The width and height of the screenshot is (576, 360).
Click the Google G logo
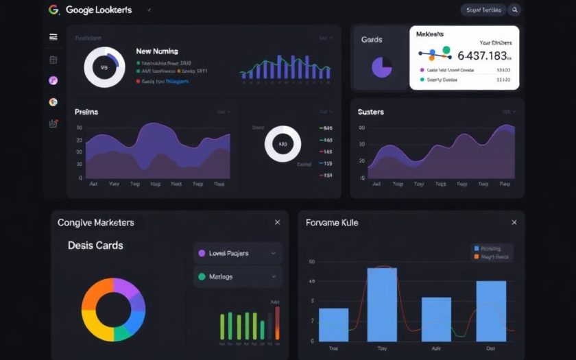tap(54, 10)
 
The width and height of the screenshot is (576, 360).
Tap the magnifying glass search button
tap(514, 10)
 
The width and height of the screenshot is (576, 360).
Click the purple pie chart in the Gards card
tap(381, 67)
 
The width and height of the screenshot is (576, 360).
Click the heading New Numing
tap(157, 51)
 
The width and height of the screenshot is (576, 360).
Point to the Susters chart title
tap(371, 112)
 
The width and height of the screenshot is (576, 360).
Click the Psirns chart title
tap(87, 111)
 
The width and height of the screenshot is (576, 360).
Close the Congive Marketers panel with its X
tap(277, 222)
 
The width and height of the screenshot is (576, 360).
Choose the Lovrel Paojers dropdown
tap(237, 253)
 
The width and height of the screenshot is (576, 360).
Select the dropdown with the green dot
tap(237, 277)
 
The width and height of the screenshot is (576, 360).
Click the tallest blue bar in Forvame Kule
tap(382, 304)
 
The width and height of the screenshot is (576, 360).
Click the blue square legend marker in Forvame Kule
tap(477, 248)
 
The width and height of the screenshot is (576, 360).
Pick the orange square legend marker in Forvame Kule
tap(477, 257)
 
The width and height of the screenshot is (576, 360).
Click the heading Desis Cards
tap(95, 245)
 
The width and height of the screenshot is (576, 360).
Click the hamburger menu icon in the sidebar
tap(53, 37)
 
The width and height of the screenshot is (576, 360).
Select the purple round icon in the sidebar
tap(53, 80)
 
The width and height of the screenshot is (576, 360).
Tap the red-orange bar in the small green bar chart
tap(277, 322)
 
